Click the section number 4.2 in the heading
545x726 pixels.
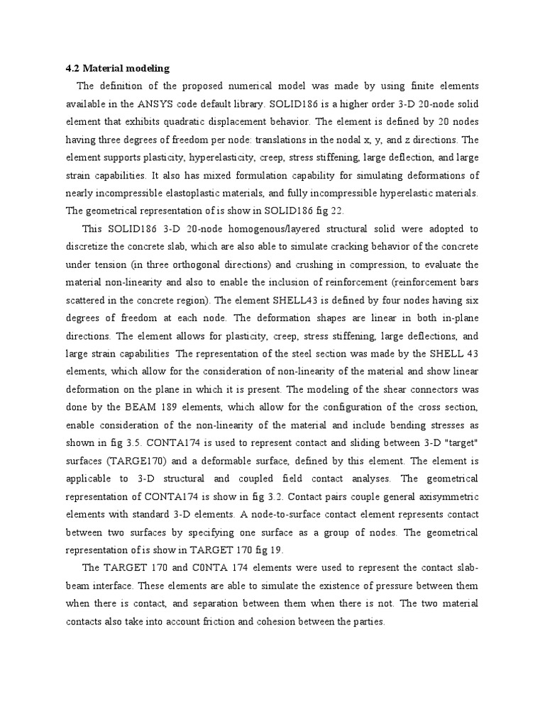click(72, 69)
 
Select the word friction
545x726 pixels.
click(241, 621)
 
